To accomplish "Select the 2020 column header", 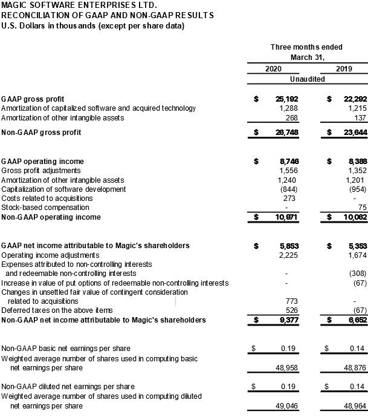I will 273,69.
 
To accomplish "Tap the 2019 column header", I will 344,69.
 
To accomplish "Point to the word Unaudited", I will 308,79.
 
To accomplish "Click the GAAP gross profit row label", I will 42,99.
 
